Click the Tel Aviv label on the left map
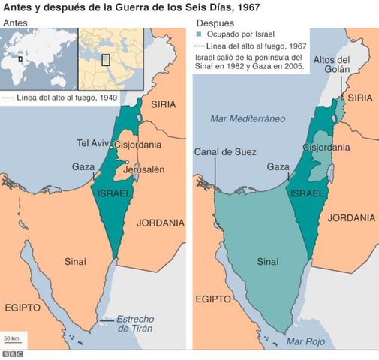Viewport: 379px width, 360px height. [x=93, y=143]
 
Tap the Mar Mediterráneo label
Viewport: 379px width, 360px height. [x=245, y=118]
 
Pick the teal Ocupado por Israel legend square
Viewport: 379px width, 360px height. [x=199, y=34]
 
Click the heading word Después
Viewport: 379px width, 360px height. [x=216, y=23]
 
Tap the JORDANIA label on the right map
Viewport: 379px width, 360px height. [x=351, y=218]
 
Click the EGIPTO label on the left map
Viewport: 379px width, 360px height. [x=23, y=307]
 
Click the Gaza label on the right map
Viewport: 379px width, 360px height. [x=278, y=166]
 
